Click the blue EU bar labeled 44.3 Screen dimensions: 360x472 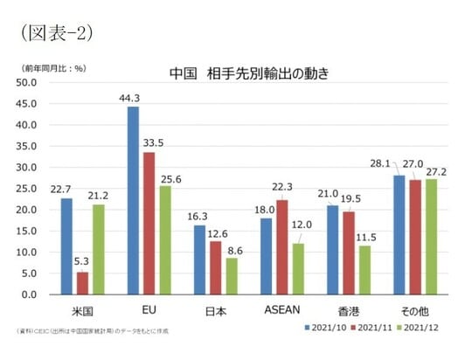coord(133,200)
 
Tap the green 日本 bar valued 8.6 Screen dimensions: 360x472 coord(231,276)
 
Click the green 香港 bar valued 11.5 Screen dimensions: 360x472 coord(364,270)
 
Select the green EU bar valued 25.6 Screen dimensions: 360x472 coord(164,240)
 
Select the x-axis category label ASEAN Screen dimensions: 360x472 coord(281,310)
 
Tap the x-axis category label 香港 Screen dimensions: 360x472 coord(348,310)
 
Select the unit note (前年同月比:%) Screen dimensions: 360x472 coord(52,67)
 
